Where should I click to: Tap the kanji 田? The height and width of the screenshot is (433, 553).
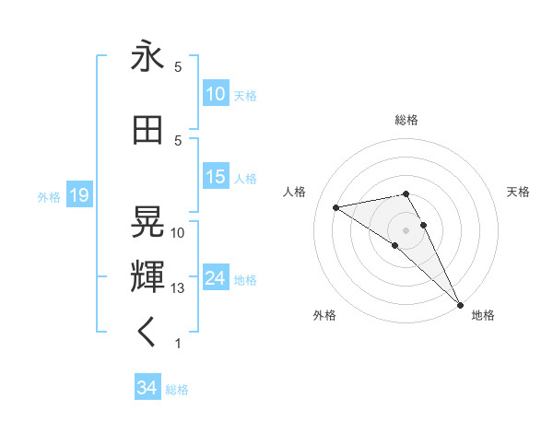(x=147, y=130)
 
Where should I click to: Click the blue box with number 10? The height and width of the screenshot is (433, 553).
(x=216, y=94)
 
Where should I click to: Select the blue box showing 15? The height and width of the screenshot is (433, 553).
(x=216, y=177)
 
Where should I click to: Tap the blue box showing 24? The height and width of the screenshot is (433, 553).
(x=216, y=278)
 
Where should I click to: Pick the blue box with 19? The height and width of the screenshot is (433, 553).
(x=78, y=195)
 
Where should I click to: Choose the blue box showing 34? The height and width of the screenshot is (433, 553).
(x=147, y=388)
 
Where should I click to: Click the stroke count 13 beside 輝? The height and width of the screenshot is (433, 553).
(x=178, y=288)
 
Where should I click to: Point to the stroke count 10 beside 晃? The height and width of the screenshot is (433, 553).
(x=178, y=233)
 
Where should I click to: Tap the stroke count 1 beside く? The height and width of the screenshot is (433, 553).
(x=178, y=344)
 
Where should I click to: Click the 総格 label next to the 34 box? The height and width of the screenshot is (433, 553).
(x=177, y=390)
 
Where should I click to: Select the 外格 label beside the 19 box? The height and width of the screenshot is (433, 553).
(x=48, y=196)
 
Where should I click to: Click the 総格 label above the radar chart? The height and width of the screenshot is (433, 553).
(x=406, y=120)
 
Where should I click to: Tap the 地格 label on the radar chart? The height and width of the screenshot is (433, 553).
(x=483, y=315)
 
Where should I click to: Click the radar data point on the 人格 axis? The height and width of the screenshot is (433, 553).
(x=336, y=207)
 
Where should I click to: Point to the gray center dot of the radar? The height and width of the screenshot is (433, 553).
(x=406, y=229)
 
